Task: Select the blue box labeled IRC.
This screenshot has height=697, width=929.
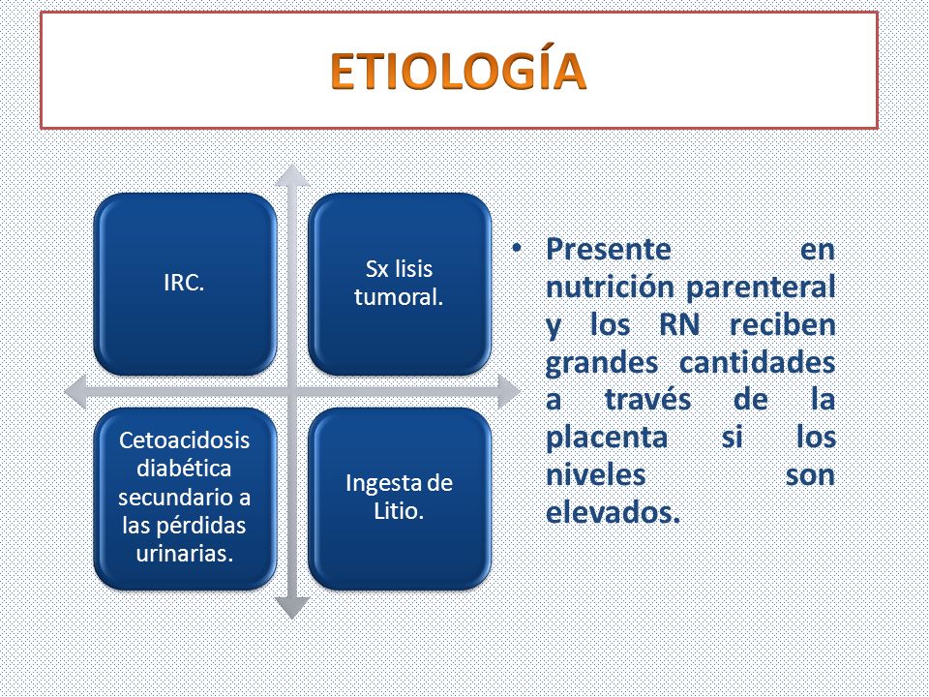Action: click(185, 284)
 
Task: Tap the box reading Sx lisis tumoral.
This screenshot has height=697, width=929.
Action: click(400, 284)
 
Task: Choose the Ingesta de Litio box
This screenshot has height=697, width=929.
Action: click(400, 499)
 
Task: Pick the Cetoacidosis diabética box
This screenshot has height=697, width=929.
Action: click(185, 499)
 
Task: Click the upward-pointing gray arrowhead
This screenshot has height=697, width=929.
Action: click(292, 175)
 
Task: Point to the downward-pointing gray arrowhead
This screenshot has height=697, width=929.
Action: click(292, 608)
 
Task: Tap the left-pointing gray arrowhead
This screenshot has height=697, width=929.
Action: click(75, 391)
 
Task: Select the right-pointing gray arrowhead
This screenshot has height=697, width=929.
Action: click(509, 391)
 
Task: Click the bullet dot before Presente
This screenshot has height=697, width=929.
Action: click(517, 248)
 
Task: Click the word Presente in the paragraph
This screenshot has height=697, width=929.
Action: click(609, 249)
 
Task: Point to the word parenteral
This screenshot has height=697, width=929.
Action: click(761, 288)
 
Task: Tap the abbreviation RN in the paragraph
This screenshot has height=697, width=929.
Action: click(679, 325)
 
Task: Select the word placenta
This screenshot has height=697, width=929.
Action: click(607, 439)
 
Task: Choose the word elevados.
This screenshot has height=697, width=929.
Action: click(613, 513)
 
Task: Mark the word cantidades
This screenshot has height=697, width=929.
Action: click(757, 363)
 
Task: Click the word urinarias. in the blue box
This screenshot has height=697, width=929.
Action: click(184, 554)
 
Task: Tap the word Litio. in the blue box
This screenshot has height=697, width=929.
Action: click(399, 510)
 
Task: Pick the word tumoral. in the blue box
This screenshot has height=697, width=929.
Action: click(399, 296)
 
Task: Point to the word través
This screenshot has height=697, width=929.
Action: click(647, 400)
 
